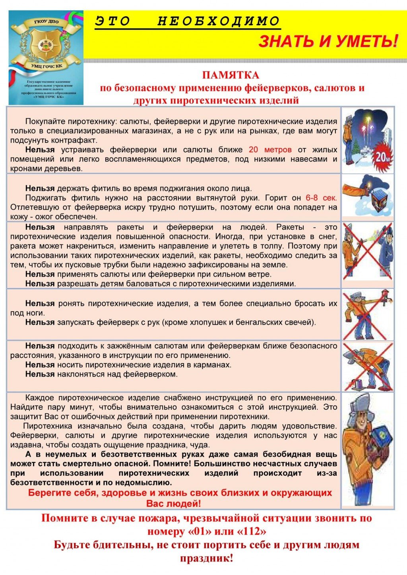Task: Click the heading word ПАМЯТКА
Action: tap(231, 75)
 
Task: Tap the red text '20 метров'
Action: tap(270, 150)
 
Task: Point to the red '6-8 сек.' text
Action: tap(321, 198)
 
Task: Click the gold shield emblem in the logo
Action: tap(45, 44)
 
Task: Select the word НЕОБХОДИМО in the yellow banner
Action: tap(219, 21)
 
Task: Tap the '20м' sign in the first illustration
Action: tap(382, 157)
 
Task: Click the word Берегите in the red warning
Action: tap(49, 493)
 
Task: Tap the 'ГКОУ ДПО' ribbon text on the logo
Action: tap(45, 23)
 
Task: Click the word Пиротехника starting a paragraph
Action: tap(48, 426)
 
